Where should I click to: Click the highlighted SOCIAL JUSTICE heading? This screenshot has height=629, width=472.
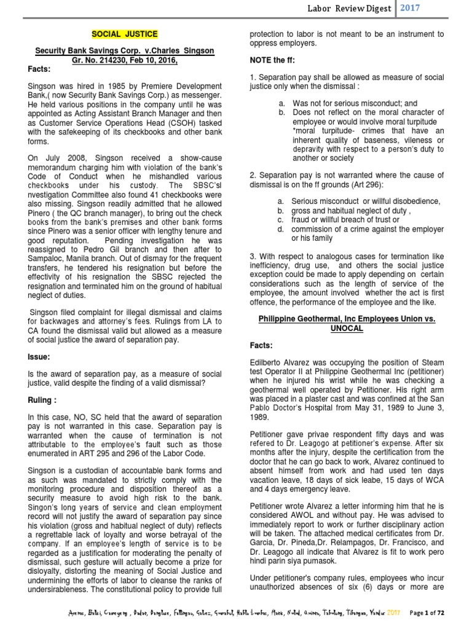[x=125, y=34]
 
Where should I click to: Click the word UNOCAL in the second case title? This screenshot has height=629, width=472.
[x=347, y=329]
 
